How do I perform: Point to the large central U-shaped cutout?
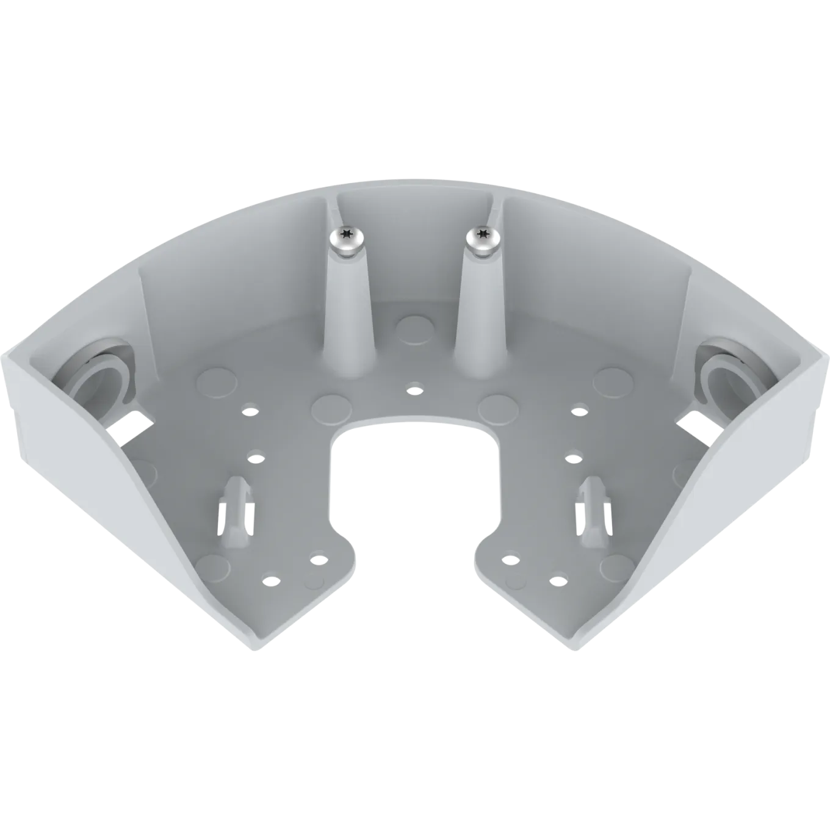point(415,488)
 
